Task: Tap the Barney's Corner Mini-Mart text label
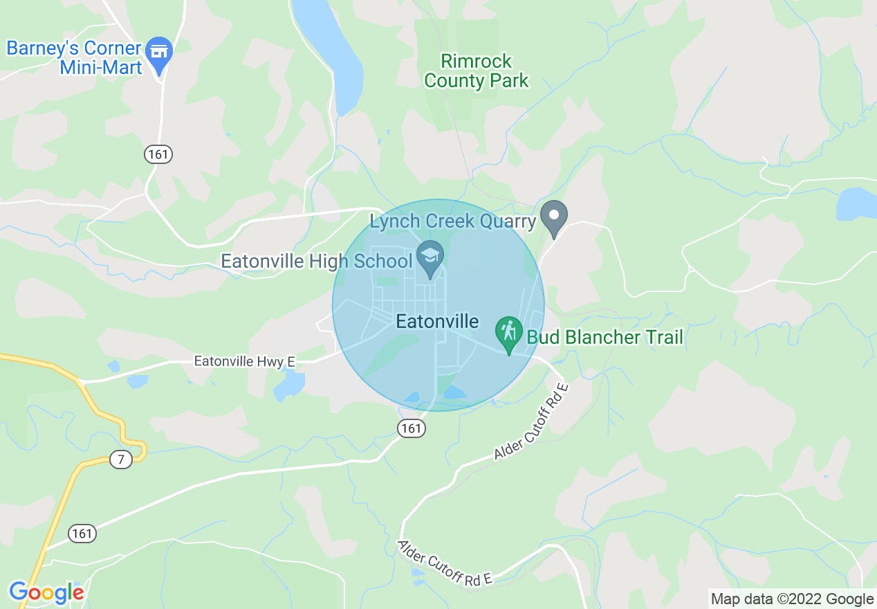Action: pyautogui.click(x=73, y=58)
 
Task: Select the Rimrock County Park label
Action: pyautogui.click(x=476, y=71)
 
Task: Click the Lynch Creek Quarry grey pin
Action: pyautogui.click(x=553, y=216)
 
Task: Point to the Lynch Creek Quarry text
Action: pyautogui.click(x=452, y=221)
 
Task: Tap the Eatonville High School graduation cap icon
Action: pyautogui.click(x=430, y=257)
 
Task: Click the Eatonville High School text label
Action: pyautogui.click(x=315, y=262)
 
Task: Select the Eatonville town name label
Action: pyautogui.click(x=437, y=321)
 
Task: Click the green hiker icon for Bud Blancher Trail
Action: pyautogui.click(x=509, y=332)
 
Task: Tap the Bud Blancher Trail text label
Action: pyautogui.click(x=604, y=338)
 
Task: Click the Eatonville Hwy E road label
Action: pyautogui.click(x=244, y=361)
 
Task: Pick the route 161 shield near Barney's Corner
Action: pyautogui.click(x=158, y=154)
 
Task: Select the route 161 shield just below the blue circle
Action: pyautogui.click(x=411, y=428)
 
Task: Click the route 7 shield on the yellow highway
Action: pyautogui.click(x=120, y=459)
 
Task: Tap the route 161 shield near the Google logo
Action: pyautogui.click(x=82, y=533)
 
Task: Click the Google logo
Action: pyautogui.click(x=46, y=592)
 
